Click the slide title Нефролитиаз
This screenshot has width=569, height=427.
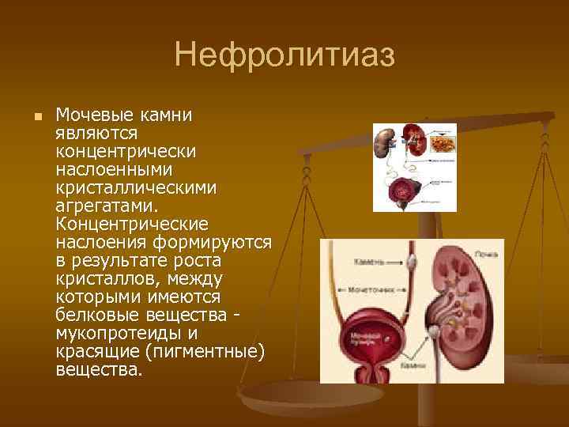point(284,56)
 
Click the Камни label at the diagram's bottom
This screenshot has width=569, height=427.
point(413,366)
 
